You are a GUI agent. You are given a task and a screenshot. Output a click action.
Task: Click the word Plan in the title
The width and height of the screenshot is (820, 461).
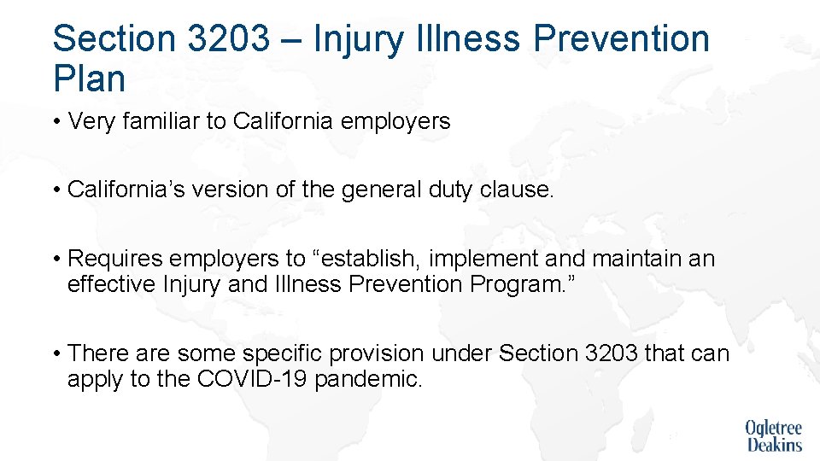(89, 79)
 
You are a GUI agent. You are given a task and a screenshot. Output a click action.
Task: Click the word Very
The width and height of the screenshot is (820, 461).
(89, 122)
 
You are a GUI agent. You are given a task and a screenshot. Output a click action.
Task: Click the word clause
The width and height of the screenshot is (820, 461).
(520, 190)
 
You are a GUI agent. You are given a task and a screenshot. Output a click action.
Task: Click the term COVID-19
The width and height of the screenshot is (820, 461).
(252, 377)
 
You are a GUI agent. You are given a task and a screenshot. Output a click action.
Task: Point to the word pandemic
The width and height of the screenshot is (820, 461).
(368, 378)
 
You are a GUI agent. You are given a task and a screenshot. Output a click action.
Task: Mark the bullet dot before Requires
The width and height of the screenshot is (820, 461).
(56, 258)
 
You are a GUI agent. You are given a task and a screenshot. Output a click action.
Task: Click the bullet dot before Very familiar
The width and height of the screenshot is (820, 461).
(56, 122)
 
